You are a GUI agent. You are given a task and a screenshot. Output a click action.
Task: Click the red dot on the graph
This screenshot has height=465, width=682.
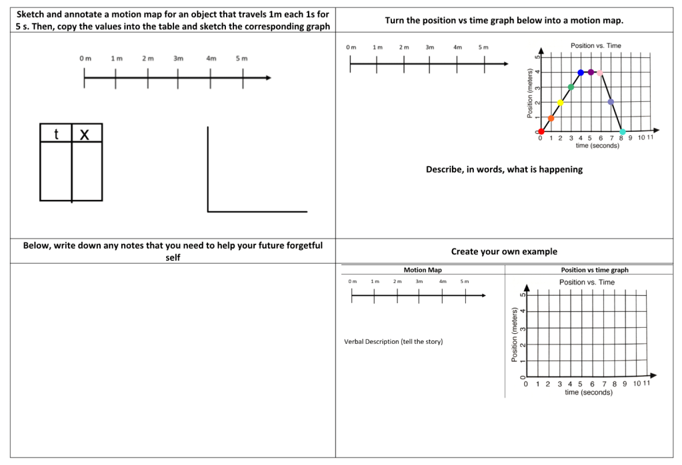tap(541, 131)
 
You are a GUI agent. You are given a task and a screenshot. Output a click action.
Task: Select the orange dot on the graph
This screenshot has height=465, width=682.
tap(551, 118)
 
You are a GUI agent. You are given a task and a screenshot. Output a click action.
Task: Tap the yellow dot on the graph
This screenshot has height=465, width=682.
tap(561, 103)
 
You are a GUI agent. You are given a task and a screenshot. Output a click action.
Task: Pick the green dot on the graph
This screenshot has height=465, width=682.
tap(571, 87)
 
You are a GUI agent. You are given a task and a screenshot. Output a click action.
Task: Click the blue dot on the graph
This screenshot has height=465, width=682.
tap(581, 72)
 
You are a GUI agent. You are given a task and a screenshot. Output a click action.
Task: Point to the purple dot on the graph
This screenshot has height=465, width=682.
tap(591, 72)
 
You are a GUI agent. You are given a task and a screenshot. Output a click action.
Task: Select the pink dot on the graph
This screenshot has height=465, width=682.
tap(600, 73)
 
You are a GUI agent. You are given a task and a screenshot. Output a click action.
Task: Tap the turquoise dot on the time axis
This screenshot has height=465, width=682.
tap(623, 132)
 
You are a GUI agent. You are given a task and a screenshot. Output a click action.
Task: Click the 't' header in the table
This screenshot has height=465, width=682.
tap(56, 134)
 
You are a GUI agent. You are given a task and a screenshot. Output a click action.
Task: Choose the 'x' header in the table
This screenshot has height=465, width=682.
tap(85, 134)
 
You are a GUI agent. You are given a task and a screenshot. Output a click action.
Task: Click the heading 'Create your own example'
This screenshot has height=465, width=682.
tap(504, 251)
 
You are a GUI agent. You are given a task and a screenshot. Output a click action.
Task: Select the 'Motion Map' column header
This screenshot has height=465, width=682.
tap(423, 270)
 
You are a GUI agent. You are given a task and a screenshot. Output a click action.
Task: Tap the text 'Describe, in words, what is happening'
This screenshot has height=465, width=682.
tap(504, 169)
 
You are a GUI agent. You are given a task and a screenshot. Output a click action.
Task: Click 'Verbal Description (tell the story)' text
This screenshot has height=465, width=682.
tap(393, 342)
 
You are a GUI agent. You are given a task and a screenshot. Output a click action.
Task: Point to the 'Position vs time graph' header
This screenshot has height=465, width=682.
tap(595, 270)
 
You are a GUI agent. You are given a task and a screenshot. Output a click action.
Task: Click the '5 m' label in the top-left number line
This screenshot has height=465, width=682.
tap(241, 59)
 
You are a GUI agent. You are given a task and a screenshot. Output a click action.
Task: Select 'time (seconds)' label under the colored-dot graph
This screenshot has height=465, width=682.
tap(597, 145)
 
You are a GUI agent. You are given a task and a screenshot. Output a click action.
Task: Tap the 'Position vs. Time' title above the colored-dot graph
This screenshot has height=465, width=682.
tap(596, 45)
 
